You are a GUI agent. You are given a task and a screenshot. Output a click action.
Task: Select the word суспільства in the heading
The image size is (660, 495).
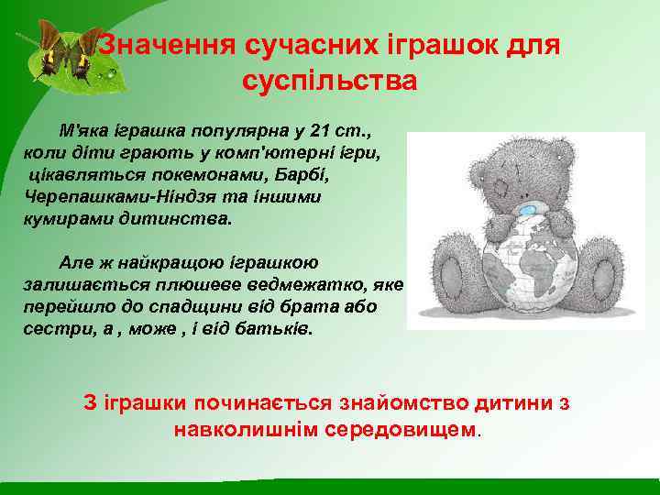(x=330, y=81)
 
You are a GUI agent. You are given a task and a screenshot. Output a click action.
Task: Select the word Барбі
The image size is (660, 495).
(x=330, y=175)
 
